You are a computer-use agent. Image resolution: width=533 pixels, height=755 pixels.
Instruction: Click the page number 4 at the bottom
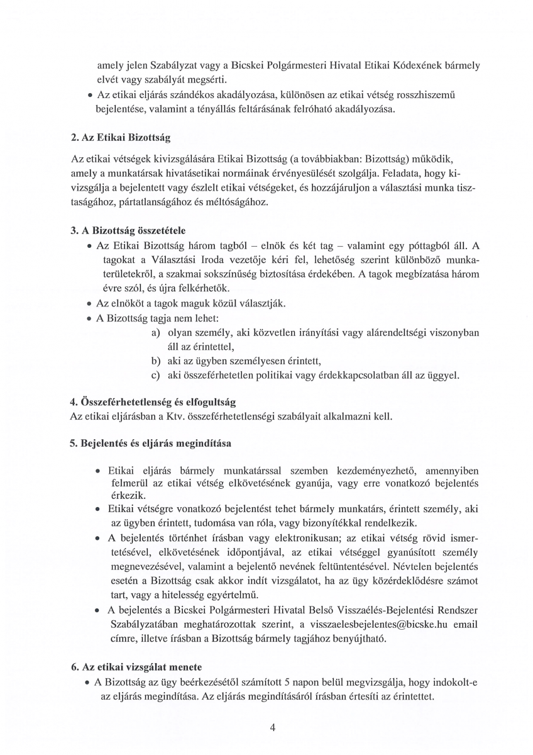[x=272, y=728]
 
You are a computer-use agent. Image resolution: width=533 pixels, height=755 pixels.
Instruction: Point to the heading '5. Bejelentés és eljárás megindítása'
[x=150, y=443]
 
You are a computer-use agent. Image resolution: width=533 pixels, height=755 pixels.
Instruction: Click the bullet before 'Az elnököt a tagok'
[x=90, y=303]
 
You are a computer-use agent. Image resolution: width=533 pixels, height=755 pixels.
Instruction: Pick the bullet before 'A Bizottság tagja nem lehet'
[x=90, y=318]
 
